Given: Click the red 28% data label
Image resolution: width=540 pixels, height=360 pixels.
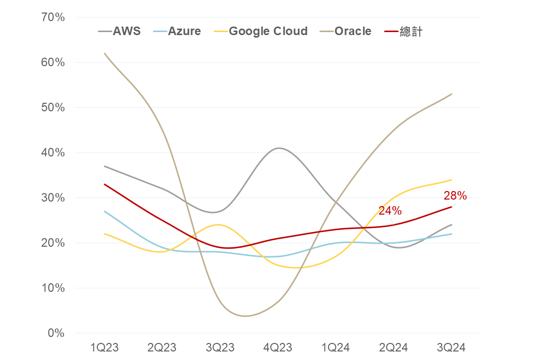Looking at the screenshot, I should [x=455, y=196].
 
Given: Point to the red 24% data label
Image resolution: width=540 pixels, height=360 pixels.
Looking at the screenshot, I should [x=390, y=211].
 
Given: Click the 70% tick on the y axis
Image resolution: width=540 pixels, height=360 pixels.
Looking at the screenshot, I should [x=53, y=18].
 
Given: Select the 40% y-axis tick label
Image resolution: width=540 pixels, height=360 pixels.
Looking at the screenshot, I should [x=53, y=152].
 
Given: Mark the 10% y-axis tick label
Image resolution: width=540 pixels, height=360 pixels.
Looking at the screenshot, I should [x=53, y=288].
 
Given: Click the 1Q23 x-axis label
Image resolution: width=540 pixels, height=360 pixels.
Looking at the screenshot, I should [x=104, y=347].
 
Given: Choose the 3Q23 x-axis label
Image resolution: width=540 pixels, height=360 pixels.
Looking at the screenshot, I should [x=220, y=347].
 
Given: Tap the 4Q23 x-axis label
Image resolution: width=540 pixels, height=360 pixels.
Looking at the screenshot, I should [x=278, y=347].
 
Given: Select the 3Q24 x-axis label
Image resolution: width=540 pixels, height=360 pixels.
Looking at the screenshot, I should [x=452, y=347].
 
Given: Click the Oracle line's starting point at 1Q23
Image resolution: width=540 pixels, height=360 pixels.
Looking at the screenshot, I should [x=104, y=53].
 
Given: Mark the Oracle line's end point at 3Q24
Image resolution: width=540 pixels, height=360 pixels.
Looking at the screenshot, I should [x=452, y=94].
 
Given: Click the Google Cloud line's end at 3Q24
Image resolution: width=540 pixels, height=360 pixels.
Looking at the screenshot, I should [x=452, y=179].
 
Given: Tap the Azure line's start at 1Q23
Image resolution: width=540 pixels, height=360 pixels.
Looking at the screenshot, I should [x=104, y=211].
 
